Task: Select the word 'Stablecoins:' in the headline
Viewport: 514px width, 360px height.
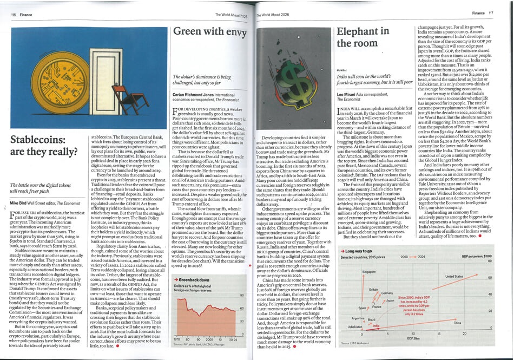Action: tap(40, 140)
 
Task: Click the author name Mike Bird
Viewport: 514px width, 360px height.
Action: tap(22, 202)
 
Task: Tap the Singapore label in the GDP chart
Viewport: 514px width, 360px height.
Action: tap(368, 271)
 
